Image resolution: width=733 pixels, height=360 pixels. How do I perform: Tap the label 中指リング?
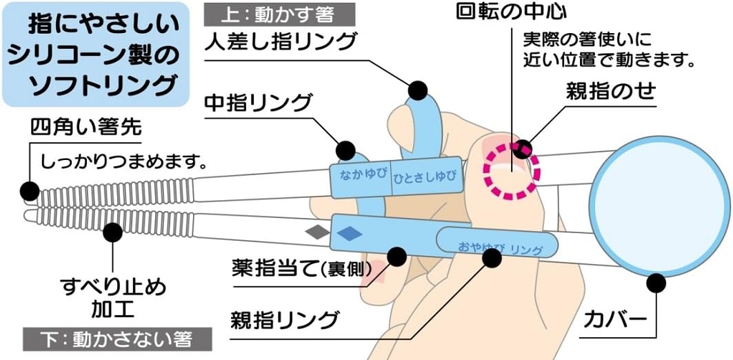click(259, 104)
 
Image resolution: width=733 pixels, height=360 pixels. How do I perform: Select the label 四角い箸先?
click(86, 129)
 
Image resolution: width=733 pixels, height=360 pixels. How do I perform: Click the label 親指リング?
click(285, 320)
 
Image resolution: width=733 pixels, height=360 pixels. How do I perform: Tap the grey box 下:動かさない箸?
click(116, 339)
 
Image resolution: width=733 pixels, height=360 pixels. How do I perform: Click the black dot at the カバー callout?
click(656, 282)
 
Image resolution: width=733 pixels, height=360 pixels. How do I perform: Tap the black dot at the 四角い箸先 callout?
click(30, 190)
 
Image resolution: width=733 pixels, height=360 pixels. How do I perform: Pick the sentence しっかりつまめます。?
click(124, 163)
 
